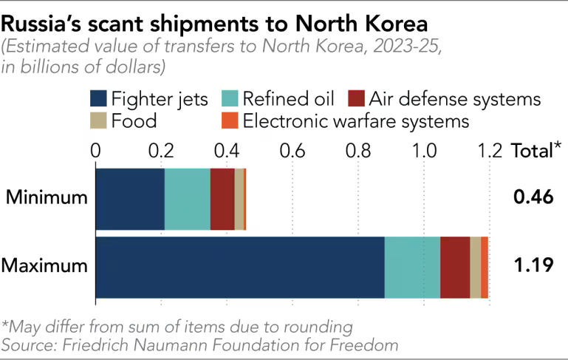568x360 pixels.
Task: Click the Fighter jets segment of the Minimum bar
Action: pos(129,198)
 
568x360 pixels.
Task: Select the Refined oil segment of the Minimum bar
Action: pos(187,198)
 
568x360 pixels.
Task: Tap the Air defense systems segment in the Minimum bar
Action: pos(222,198)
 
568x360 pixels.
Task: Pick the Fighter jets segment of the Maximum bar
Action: pos(240,267)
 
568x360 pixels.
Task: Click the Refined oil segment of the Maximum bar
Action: pos(412,267)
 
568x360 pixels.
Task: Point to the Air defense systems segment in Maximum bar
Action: pos(455,267)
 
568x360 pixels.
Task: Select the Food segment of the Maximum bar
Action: pos(475,267)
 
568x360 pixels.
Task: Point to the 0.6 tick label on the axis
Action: pos(292,151)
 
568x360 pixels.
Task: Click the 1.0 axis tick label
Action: pos(425,151)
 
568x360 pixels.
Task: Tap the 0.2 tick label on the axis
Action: pos(161,151)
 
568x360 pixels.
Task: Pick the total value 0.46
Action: pos(533,198)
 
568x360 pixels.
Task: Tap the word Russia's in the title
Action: pos(49,21)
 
